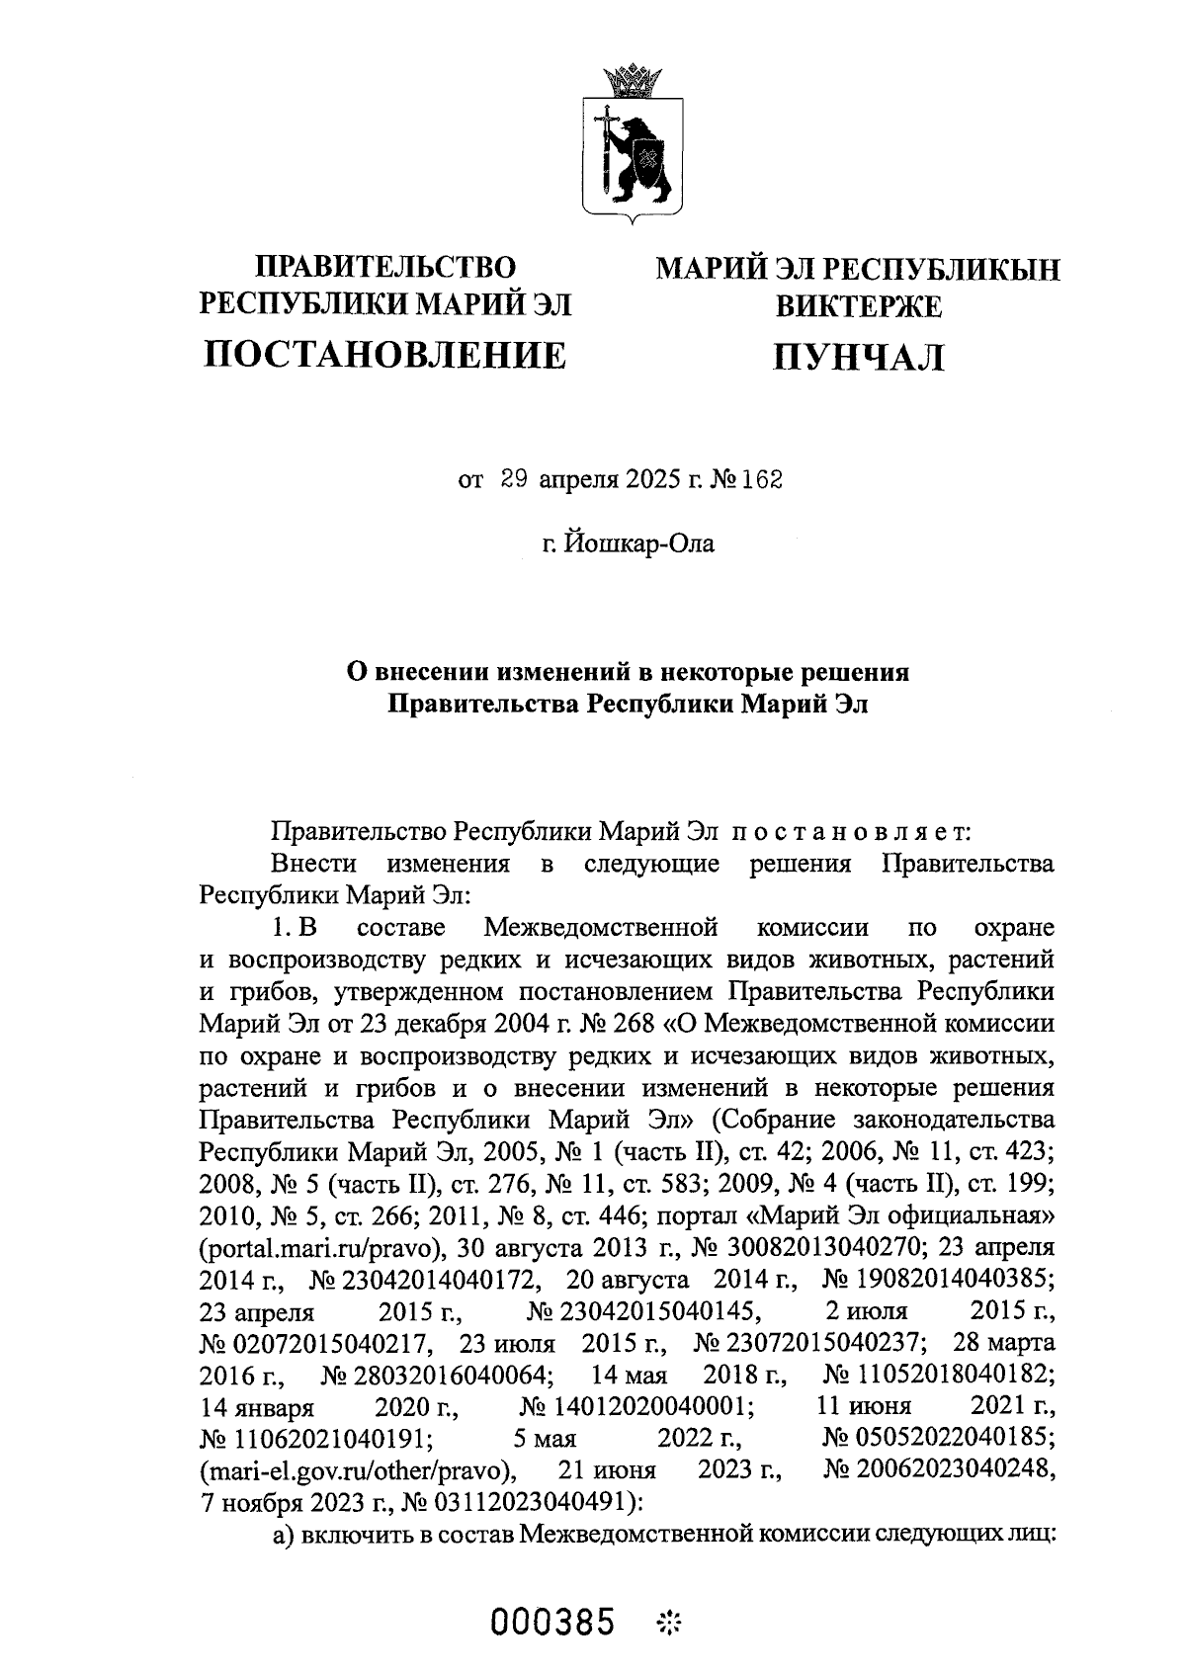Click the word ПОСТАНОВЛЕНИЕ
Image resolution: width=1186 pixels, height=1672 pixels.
[385, 354]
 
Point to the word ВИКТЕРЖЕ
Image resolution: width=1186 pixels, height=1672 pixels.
[858, 306]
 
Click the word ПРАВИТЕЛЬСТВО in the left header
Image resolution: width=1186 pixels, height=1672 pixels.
[386, 268]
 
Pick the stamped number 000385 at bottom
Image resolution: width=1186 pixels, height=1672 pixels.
[554, 1623]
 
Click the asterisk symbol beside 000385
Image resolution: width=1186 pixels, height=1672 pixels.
[671, 1623]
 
